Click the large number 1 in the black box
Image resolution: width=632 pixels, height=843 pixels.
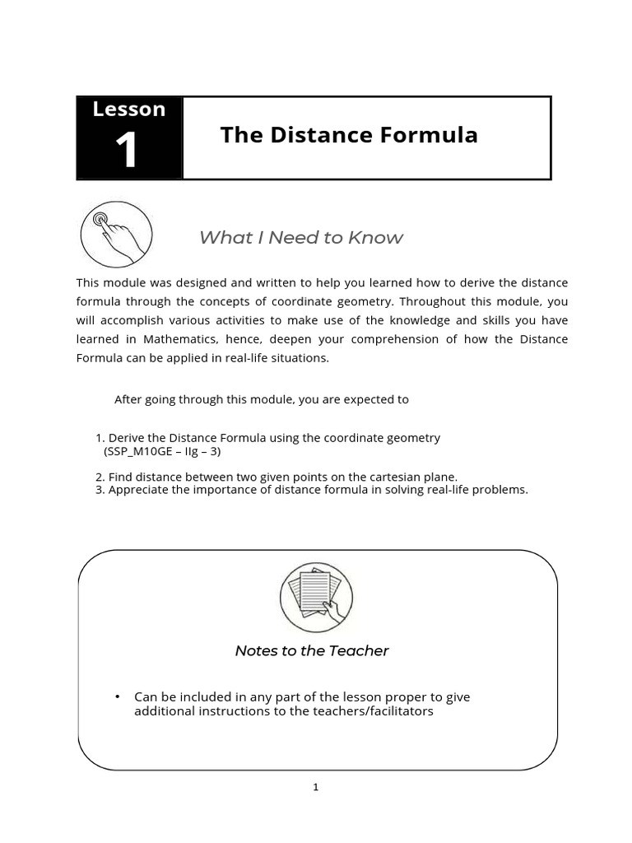[127, 151]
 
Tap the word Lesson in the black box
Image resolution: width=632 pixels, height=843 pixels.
[129, 109]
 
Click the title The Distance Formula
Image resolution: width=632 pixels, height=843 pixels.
[349, 135]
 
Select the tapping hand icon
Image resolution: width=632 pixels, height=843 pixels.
[116, 234]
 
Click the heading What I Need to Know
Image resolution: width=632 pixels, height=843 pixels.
[301, 238]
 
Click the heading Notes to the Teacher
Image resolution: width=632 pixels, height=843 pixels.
[312, 651]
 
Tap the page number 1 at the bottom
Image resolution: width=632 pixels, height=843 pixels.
[315, 788]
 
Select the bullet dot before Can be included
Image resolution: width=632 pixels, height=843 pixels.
[118, 697]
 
